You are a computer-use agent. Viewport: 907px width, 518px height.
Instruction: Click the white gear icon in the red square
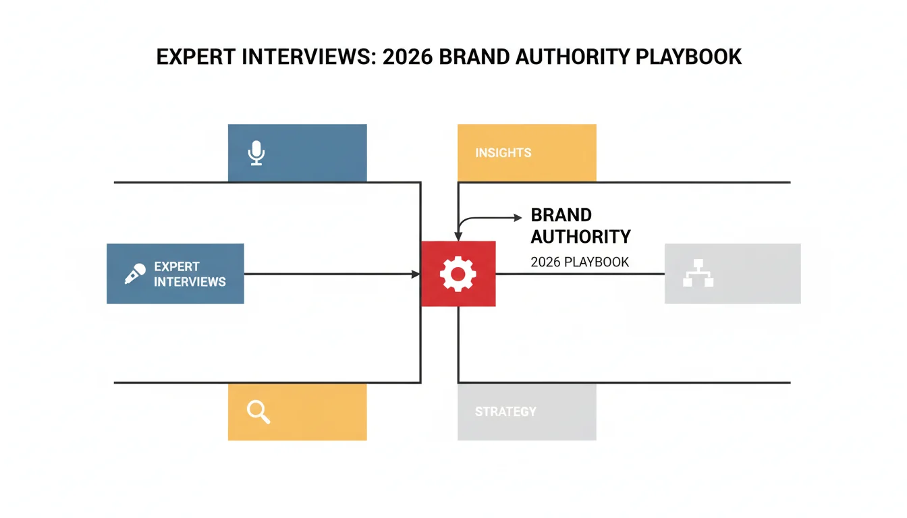(458, 274)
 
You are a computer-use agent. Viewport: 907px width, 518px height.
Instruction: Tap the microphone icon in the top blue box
(256, 153)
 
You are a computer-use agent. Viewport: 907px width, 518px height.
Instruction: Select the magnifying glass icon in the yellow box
(258, 412)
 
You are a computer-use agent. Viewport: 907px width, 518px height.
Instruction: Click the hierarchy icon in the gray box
(698, 272)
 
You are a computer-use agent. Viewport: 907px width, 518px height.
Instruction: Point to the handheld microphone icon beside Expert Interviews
(135, 274)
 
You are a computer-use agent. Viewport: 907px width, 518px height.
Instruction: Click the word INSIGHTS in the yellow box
(503, 153)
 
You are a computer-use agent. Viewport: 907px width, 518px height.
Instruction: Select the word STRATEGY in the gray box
(505, 412)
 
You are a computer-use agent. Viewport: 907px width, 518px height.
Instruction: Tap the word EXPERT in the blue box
(177, 266)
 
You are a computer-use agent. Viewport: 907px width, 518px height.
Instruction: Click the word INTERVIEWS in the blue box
(190, 282)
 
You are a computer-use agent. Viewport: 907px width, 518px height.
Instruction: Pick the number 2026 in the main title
(408, 57)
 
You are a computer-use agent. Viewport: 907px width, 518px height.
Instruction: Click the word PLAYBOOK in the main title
(688, 57)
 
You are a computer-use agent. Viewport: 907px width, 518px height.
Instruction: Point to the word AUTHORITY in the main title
(572, 57)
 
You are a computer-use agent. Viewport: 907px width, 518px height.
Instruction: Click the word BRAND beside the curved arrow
(561, 215)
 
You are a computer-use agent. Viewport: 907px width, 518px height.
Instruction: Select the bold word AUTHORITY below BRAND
(580, 237)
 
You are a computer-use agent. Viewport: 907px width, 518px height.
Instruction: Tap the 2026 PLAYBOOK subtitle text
(580, 262)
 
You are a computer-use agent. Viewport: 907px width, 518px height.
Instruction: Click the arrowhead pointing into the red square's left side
(416, 274)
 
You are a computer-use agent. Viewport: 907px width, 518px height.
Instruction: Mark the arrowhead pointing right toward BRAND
(518, 218)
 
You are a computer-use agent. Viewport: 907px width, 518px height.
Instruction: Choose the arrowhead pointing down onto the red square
(458, 237)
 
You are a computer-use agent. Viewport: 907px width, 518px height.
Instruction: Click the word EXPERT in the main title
(196, 57)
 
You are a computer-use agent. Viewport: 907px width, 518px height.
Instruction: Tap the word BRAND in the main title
(474, 57)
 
